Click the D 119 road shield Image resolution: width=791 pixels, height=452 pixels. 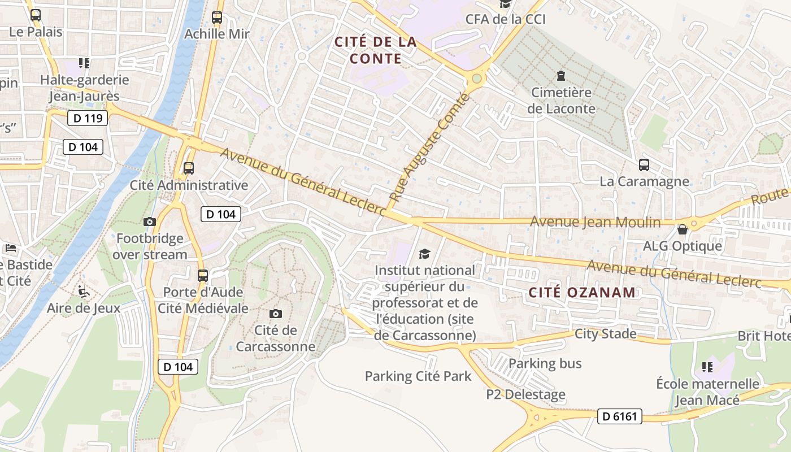[x=88, y=118]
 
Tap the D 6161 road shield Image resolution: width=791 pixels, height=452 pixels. [x=620, y=417]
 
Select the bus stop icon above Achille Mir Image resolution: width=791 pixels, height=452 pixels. [x=217, y=18]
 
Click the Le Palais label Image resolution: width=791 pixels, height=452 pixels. [x=36, y=32]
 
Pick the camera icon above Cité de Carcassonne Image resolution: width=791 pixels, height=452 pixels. [x=276, y=314]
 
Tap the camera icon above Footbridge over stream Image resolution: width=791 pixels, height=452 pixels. [x=150, y=221]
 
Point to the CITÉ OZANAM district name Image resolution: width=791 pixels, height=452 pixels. [x=583, y=292]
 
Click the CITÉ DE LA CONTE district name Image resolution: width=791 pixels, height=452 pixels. [x=375, y=50]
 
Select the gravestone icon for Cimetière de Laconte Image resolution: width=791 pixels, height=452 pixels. [x=561, y=75]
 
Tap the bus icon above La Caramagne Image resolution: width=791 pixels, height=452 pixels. [x=644, y=165]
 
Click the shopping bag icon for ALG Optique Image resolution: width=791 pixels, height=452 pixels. [x=683, y=229]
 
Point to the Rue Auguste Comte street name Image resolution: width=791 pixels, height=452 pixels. [x=430, y=148]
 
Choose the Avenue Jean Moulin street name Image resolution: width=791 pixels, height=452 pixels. [x=595, y=222]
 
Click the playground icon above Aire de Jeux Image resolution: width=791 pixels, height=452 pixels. [x=84, y=292]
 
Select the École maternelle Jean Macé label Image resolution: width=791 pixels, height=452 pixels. [x=707, y=392]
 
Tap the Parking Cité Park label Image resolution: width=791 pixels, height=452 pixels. [x=418, y=376]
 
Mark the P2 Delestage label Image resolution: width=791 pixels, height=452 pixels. [x=525, y=394]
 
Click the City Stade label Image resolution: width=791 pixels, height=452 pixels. [x=605, y=334]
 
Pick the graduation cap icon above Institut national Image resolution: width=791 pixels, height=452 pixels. [x=424, y=254]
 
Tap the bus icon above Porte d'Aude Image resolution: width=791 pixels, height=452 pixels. [x=203, y=276]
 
